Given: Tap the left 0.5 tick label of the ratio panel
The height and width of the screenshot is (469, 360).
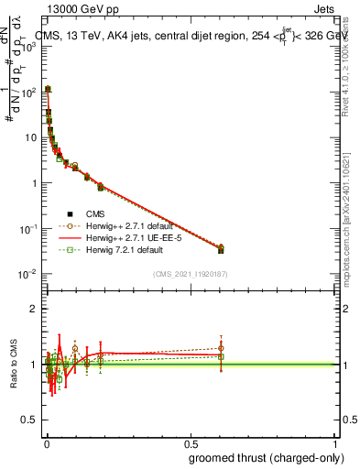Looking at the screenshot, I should click(x=29, y=420).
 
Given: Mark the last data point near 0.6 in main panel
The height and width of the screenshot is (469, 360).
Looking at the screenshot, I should click(x=221, y=249).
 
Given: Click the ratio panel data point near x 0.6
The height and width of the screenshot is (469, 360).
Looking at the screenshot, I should click(x=221, y=355).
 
